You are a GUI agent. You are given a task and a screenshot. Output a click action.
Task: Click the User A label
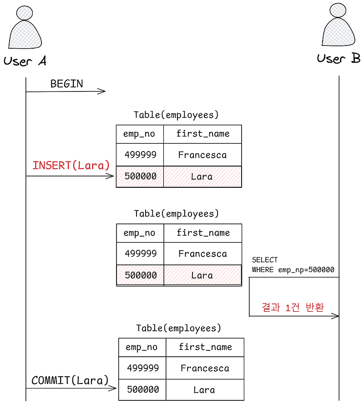25,61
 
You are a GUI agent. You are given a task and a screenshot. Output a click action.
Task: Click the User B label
339,59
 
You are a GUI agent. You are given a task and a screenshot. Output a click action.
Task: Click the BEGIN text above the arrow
66,84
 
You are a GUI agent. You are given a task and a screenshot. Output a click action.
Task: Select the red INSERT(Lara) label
71,165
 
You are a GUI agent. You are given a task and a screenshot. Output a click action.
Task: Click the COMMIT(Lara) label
70,380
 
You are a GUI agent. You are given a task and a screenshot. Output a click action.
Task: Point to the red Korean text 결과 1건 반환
293,308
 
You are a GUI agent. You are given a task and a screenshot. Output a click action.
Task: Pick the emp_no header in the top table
139,134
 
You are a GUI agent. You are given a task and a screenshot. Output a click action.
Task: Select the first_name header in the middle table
203,233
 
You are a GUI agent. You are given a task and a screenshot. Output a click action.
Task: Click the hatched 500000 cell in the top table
140,176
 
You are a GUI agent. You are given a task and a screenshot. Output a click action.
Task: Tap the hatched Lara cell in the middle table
202,275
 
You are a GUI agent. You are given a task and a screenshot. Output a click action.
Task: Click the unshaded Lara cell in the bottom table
204,390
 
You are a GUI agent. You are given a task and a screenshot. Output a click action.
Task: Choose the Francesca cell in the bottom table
204,368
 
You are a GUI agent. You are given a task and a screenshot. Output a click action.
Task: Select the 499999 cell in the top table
140,155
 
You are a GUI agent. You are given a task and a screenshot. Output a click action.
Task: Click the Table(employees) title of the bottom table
178,328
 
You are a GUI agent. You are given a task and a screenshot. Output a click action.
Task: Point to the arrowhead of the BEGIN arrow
103,91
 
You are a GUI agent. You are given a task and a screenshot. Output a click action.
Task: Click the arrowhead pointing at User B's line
336,316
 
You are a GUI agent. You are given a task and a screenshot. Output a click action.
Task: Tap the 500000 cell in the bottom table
142,390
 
